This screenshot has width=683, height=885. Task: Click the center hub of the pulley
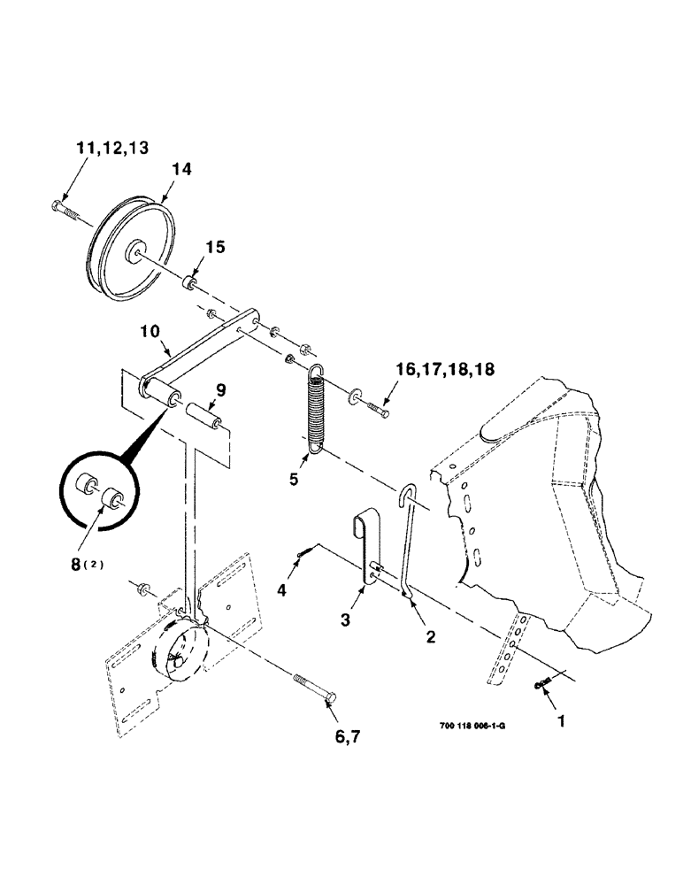click(x=137, y=250)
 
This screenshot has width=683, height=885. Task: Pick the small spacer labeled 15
click(x=188, y=284)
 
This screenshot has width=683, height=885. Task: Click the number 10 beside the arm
click(x=150, y=331)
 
